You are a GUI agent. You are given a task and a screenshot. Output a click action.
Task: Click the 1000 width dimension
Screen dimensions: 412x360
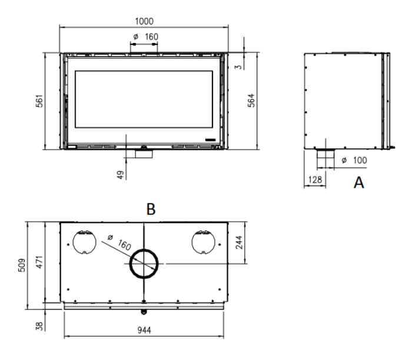pos(144,21)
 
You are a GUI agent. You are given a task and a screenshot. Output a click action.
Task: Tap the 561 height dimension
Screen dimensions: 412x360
pos(39,101)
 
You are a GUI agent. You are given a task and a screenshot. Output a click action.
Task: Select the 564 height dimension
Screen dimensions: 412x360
pos(251,100)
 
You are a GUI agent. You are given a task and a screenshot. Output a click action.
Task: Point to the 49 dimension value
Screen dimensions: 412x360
pos(120,175)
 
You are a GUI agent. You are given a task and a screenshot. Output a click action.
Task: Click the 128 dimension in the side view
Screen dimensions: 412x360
pos(315,180)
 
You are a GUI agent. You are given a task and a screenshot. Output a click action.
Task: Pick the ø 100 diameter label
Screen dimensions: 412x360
pos(354,160)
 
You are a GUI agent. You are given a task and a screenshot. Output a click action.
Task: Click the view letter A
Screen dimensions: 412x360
pos(359,183)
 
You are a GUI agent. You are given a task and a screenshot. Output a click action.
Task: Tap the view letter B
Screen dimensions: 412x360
pos(151,209)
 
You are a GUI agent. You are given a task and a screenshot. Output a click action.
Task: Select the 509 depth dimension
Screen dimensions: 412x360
pos(22,265)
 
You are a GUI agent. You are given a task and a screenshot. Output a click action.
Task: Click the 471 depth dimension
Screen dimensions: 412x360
pos(39,262)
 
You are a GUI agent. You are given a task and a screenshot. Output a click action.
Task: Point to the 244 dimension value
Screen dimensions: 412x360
pos(239,242)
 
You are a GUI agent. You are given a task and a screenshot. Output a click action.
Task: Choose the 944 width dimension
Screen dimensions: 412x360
pos(144,330)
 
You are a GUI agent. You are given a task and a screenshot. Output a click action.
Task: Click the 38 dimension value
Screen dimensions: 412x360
pos(39,326)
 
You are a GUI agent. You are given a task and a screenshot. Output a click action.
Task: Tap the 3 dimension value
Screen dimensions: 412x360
pos(238,67)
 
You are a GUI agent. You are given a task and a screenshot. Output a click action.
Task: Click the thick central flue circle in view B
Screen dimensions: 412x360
pos(144,250)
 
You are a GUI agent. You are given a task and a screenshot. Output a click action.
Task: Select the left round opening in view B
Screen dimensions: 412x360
pos(73,242)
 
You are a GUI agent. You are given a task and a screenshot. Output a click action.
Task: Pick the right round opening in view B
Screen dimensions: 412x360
pos(192,242)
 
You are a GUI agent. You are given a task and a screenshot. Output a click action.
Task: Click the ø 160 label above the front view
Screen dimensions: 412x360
pos(145,37)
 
